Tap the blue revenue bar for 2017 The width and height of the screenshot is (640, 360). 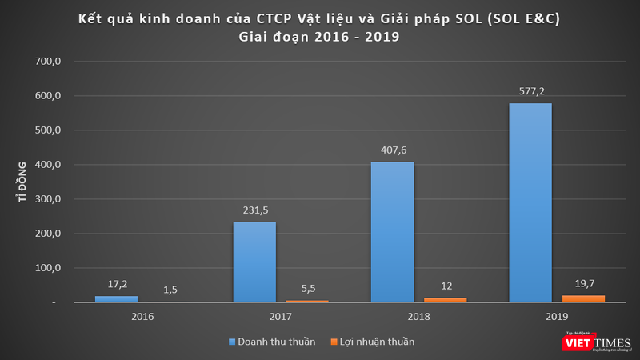tap(254, 262)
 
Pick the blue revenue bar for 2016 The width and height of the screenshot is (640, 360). tap(116, 299)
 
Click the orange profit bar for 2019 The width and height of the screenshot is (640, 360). tap(583, 299)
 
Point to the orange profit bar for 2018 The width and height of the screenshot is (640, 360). tap(445, 300)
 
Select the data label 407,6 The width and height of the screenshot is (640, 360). tap(392, 151)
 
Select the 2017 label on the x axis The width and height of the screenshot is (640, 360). tap(281, 316)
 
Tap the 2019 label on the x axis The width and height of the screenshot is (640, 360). tap(557, 316)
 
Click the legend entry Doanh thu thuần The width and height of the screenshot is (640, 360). tap(272, 342)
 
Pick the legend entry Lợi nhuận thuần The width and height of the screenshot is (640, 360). tap(374, 342)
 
